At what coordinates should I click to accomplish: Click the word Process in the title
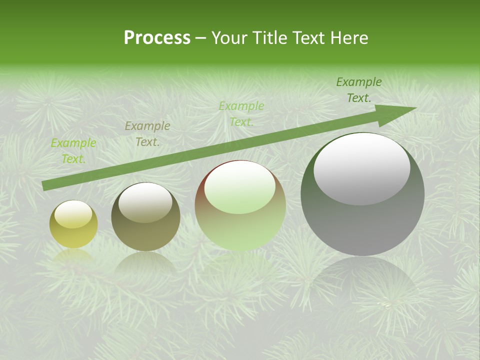157,38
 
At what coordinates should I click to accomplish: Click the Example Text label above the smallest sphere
73,151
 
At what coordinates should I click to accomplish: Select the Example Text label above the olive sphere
147,134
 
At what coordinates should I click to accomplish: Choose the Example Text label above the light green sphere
241,113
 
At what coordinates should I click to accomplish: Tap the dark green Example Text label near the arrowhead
359,90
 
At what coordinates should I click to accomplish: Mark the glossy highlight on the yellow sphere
73,214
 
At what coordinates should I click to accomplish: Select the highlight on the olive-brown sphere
145,202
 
